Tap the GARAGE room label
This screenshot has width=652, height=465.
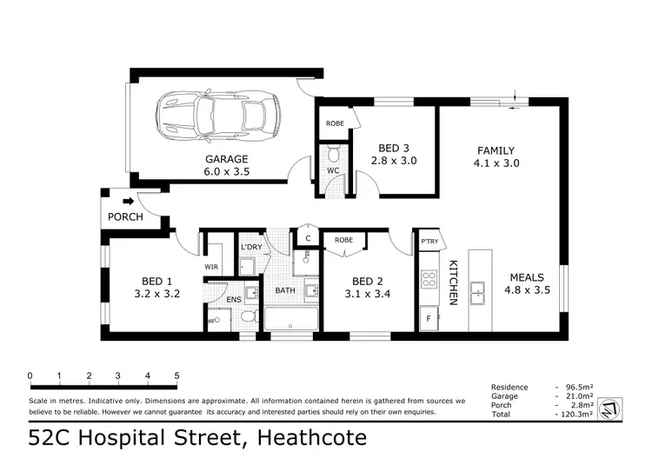(x=227, y=159)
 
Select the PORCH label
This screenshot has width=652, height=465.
(x=125, y=217)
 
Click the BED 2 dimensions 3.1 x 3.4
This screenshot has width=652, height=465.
(x=367, y=294)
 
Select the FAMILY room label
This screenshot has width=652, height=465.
(x=495, y=150)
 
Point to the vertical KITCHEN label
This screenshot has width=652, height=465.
(x=453, y=282)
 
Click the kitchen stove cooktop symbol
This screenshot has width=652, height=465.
(x=428, y=279)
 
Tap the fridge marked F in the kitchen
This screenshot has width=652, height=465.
(x=427, y=319)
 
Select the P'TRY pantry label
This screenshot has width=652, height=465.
(x=428, y=242)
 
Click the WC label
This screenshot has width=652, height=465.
(x=333, y=170)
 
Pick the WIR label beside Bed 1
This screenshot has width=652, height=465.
(x=211, y=267)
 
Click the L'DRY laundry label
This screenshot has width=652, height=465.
(x=251, y=248)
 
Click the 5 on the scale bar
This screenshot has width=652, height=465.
(x=177, y=376)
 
